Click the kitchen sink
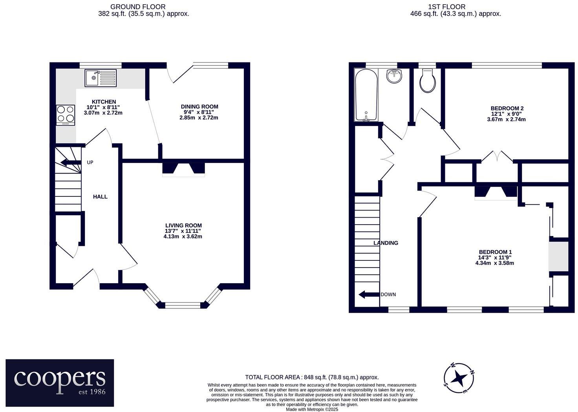click(101, 78)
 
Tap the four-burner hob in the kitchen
click(66, 115)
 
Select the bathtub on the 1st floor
click(366, 95)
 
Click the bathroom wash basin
click(394, 76)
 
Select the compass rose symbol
click(459, 378)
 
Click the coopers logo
click(60, 383)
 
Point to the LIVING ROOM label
click(183, 225)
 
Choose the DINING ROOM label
click(199, 106)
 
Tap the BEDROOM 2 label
click(507, 108)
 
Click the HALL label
click(100, 197)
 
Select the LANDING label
click(386, 243)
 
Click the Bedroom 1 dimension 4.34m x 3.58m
click(494, 263)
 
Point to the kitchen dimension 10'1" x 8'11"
click(103, 107)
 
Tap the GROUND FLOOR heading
click(137, 7)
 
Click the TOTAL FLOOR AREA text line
click(312, 377)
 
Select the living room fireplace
click(183, 169)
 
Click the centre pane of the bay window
click(183, 304)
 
